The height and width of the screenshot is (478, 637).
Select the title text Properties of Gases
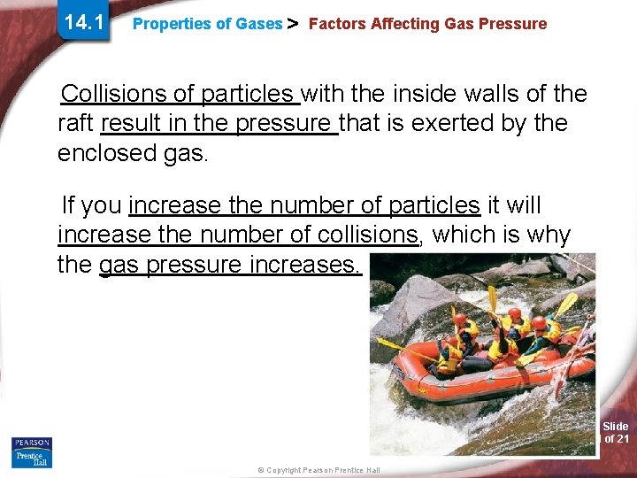(207, 25)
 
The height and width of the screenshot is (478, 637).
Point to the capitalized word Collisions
(117, 93)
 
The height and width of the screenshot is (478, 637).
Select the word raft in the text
(76, 123)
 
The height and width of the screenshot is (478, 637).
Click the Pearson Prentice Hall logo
(32, 451)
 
